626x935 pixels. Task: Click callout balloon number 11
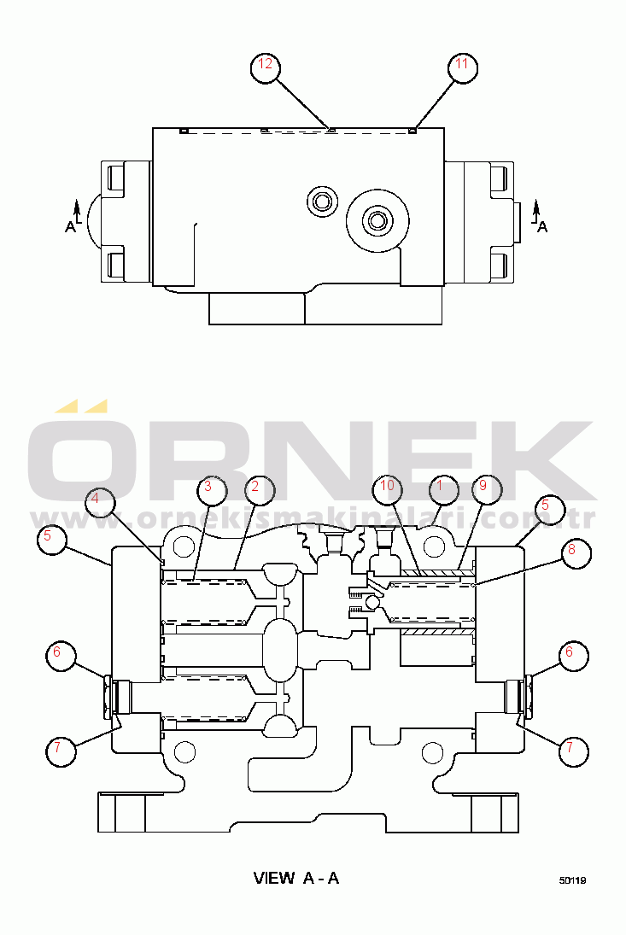point(463,67)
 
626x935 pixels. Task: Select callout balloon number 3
point(212,490)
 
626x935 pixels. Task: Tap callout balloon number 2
point(260,490)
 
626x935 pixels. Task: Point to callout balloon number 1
point(443,489)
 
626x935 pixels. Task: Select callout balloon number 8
point(576,553)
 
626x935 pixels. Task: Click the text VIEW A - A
point(296,878)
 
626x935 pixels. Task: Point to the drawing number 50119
point(572,880)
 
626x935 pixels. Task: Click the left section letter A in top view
point(70,226)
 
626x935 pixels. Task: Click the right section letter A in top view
point(542,226)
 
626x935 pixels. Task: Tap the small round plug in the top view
point(322,201)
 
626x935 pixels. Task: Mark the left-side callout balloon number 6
point(61,656)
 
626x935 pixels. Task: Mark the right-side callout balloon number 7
point(574,751)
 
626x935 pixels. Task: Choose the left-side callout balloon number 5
point(52,540)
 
